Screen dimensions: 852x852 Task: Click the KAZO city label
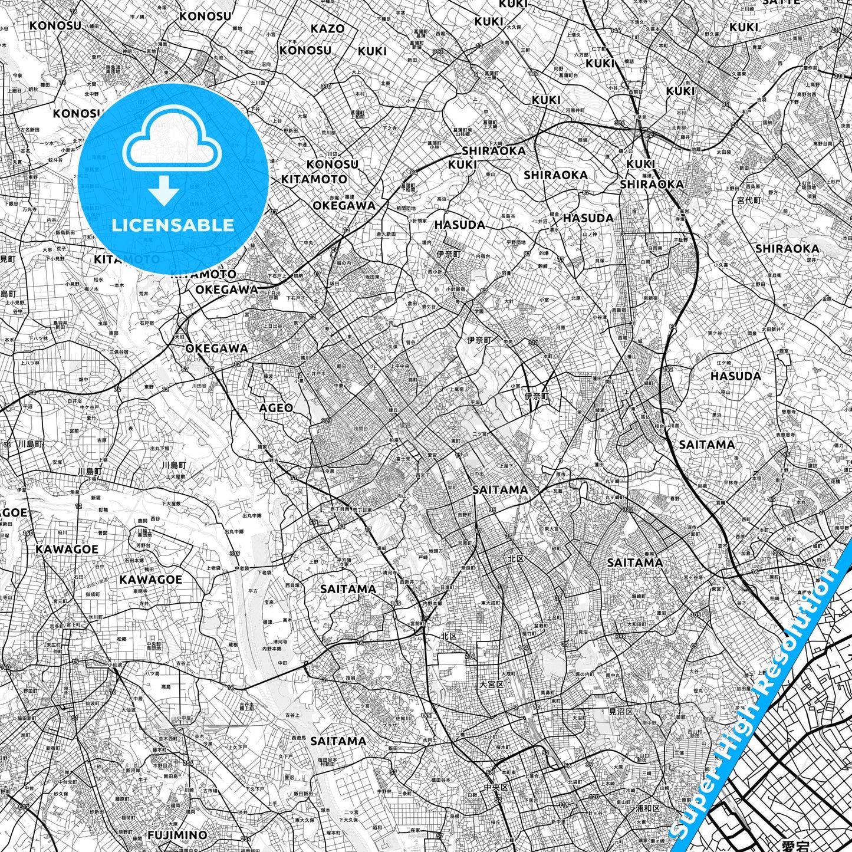tap(327, 28)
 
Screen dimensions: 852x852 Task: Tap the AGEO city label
tap(276, 407)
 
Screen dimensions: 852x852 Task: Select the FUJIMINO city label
tap(177, 835)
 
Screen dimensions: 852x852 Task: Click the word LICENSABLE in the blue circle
tap(173, 225)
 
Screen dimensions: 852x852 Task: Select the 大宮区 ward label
tap(491, 685)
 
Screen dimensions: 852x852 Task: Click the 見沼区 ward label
tap(620, 712)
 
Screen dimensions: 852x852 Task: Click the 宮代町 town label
tap(749, 200)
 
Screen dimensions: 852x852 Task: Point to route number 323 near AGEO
tap(326, 420)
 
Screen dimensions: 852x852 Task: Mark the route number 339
tap(235, 553)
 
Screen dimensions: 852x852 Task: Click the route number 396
tap(619, 123)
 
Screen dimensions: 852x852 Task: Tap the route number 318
tap(839, 76)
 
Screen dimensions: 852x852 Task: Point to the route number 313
tap(437, 52)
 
